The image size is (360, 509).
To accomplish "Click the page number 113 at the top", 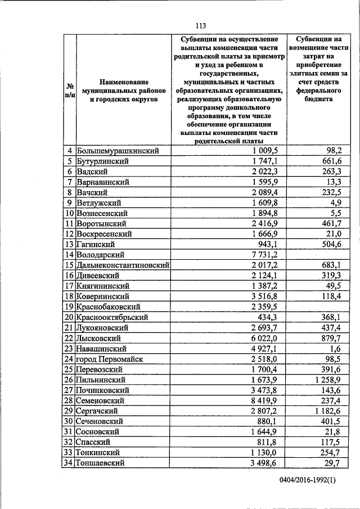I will (x=201, y=25).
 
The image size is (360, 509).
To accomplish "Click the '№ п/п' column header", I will (x=69, y=92).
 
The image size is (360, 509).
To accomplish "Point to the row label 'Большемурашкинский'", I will (x=118, y=151).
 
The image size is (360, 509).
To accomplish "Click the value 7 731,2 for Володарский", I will (x=265, y=255).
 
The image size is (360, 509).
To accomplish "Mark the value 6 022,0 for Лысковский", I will (x=265, y=338).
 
